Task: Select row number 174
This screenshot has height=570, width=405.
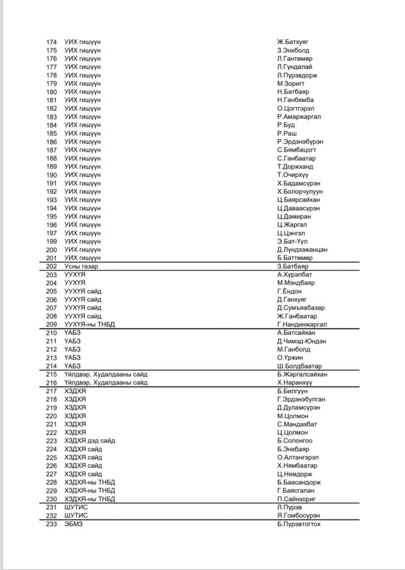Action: [51, 42]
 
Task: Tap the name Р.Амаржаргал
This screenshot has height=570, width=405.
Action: [299, 116]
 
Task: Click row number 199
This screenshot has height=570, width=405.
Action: [51, 242]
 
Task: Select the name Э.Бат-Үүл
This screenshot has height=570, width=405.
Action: [295, 242]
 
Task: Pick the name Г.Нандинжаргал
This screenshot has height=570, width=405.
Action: [302, 325]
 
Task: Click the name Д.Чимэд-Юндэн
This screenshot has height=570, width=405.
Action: [301, 341]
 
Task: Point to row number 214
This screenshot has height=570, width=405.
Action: [51, 366]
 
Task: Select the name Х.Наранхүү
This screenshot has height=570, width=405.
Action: [295, 382]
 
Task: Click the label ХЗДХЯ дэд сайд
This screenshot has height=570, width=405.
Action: [90, 441]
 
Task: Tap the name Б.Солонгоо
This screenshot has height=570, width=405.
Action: [294, 441]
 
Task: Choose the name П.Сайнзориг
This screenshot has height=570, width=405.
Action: [296, 499]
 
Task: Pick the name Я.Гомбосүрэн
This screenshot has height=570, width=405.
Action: [298, 516]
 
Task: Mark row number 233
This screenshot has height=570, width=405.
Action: [51, 524]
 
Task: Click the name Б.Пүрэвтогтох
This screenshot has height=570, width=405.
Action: [299, 524]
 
